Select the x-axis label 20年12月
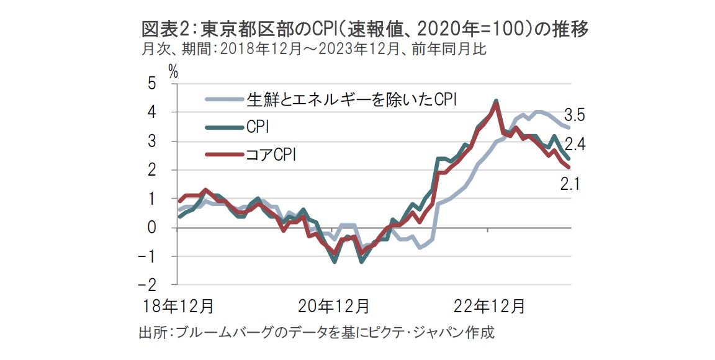pyautogui.click(x=334, y=307)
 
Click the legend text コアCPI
pyautogui.click(x=271, y=155)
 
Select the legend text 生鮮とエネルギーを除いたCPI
pyautogui.click(x=352, y=99)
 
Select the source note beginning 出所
pyautogui.click(x=316, y=333)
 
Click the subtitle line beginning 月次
pyautogui.click(x=313, y=50)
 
